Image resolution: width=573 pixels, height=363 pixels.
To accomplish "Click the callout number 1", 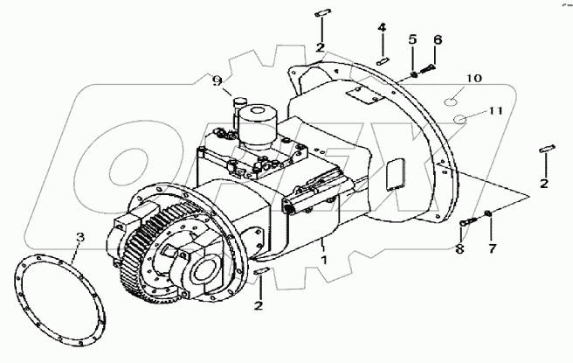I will [323, 261].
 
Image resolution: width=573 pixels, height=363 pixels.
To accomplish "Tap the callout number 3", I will [79, 237].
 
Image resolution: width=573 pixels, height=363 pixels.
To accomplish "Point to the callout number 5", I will [412, 39].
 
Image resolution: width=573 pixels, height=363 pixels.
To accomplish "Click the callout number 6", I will [438, 39].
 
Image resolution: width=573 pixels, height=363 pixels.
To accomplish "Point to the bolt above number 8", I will [468, 223].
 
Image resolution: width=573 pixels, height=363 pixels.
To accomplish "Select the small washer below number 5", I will [411, 74].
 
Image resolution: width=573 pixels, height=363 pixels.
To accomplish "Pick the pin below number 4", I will [382, 59].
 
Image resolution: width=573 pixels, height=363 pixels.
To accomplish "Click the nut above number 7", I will [487, 214].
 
